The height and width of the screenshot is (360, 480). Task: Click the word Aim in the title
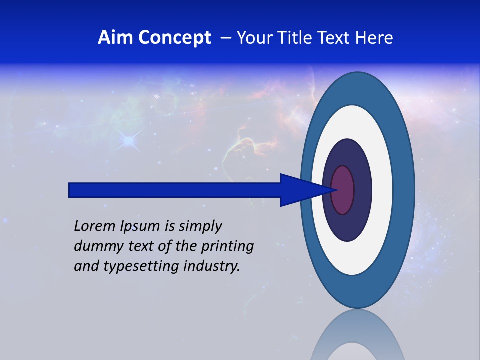(111, 38)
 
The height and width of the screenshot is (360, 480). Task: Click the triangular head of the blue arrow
(295, 190)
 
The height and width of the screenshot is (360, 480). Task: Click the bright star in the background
(129, 141)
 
